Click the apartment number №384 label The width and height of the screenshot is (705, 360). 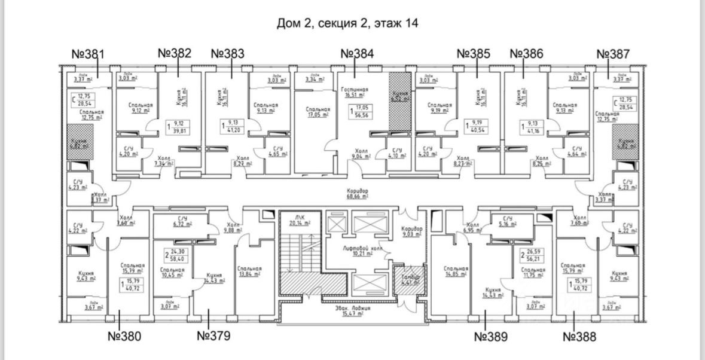[357, 54]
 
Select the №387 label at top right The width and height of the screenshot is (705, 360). [614, 54]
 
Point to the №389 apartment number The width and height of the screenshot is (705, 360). [490, 337]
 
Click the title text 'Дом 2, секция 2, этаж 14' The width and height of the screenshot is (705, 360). [347, 23]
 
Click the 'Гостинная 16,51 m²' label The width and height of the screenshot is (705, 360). [355, 91]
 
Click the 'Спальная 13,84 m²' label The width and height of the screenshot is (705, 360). [249, 271]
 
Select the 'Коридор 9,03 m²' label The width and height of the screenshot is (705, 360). [411, 232]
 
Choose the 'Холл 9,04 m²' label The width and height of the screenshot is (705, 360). [361, 154]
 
